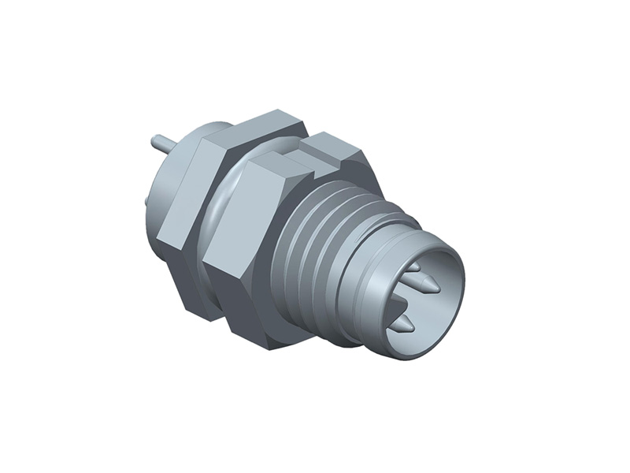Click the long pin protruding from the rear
[159, 143]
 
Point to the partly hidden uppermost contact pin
[413, 267]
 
